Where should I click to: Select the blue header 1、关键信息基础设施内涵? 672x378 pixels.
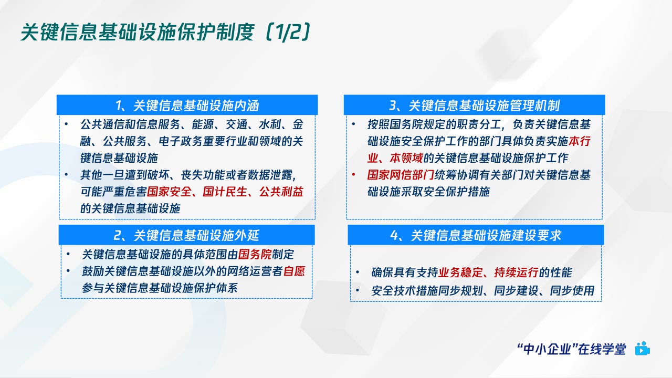coord(187,105)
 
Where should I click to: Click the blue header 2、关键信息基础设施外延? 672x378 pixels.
coord(187,235)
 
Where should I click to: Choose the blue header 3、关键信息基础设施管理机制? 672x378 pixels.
coord(474,105)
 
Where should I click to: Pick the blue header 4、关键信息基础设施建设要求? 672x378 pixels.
coord(476,235)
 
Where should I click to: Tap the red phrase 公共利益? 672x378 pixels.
coord(281,192)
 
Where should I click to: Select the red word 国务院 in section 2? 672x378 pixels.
coord(255,255)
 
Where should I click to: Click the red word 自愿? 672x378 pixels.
coord(295,271)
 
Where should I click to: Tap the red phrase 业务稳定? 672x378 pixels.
coord(459,273)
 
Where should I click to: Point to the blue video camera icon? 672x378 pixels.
coord(642,349)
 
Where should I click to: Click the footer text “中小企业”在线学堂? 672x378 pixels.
coord(571,349)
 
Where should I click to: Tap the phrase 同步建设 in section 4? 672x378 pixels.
coord(516,290)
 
